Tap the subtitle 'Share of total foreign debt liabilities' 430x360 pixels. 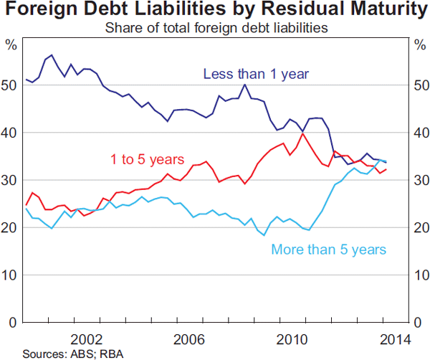pyautogui.click(x=216, y=28)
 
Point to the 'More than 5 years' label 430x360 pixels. pyautogui.click(x=328, y=250)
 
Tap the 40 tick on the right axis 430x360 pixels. pyautogui.click(x=419, y=133)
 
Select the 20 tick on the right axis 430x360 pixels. pyautogui.click(x=419, y=228)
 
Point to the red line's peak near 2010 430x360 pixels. pyautogui.click(x=303, y=133)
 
